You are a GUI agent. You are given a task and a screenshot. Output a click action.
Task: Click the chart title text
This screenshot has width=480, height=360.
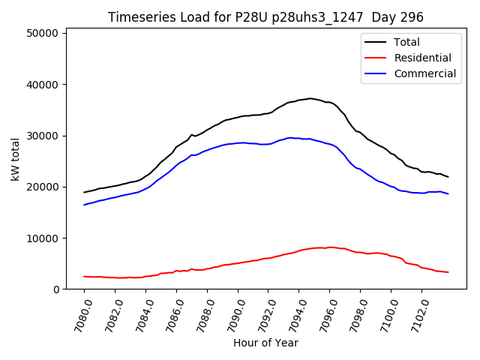(x=265, y=17)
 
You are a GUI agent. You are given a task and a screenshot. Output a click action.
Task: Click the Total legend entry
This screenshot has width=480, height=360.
(x=407, y=42)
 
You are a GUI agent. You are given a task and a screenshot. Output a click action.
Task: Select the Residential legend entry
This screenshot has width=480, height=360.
(x=422, y=58)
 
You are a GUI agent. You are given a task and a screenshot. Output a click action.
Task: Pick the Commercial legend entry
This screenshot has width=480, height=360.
(x=424, y=73)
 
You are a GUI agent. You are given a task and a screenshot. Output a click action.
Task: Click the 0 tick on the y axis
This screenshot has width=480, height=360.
(x=56, y=289)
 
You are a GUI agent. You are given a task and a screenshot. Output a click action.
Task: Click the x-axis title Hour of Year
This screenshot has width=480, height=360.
(x=265, y=343)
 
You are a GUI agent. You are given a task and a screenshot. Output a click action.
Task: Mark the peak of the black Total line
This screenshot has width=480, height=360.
(x=310, y=98)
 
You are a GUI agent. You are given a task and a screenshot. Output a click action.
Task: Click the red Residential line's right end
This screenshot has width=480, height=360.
(x=448, y=272)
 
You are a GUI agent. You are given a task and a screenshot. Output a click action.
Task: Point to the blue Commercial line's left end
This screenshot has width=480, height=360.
(x=84, y=205)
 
